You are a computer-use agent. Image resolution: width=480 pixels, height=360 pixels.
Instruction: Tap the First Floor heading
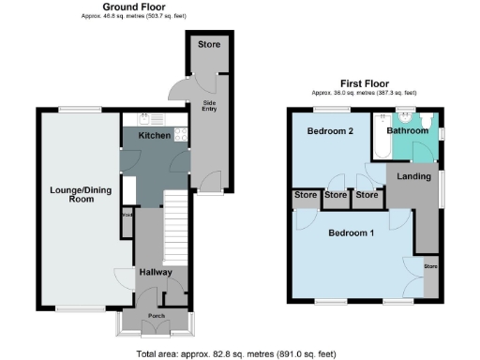[x=365, y=82]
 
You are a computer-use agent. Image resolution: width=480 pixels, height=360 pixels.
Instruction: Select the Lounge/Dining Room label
[x=72, y=194]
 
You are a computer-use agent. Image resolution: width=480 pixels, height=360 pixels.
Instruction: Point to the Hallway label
[x=156, y=272]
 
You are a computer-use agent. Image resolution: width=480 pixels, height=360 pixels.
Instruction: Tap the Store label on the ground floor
[x=208, y=44]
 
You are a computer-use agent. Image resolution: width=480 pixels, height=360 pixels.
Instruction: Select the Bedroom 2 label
[x=330, y=131]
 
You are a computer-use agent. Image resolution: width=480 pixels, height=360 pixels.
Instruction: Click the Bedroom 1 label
[x=352, y=233]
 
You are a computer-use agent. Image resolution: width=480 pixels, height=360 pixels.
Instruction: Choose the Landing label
[x=413, y=176]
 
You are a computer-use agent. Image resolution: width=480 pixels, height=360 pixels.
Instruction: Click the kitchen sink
[x=145, y=120]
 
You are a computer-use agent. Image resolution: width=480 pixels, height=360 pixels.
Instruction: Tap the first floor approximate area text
[x=365, y=93]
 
